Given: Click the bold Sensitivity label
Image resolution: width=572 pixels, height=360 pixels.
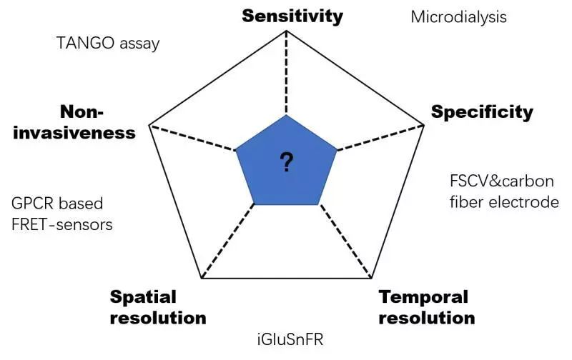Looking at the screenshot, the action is [292, 16].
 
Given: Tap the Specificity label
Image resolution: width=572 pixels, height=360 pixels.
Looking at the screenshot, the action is [482, 112].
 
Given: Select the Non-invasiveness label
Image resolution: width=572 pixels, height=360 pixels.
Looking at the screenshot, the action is [74, 122].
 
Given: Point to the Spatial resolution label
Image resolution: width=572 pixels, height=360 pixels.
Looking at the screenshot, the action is [158, 307].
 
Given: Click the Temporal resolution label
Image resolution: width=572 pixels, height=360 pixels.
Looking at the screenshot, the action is [427, 307].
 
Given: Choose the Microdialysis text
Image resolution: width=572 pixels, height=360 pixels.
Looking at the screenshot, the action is [458, 17].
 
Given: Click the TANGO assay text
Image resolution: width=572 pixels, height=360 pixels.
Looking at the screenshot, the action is [108, 44].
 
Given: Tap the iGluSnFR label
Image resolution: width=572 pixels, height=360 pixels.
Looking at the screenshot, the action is [290, 339].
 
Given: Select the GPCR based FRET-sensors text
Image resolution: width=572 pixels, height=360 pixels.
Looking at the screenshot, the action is [62, 214].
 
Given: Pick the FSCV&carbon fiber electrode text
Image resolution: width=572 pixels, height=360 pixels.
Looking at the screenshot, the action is [504, 191].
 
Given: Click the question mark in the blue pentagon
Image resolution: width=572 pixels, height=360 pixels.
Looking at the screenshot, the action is [287, 162].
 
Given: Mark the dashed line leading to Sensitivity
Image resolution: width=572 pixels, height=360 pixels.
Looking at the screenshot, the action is [287, 73].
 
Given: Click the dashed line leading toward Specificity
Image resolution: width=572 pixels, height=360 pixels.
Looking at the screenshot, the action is [380, 138].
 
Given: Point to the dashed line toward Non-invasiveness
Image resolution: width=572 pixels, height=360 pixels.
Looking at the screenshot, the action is [192, 138].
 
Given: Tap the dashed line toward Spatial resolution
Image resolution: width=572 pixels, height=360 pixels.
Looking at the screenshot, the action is [228, 241].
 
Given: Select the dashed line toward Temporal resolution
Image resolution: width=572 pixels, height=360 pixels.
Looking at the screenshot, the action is [345, 241].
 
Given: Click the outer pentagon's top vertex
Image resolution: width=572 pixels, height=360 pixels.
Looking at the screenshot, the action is [287, 31].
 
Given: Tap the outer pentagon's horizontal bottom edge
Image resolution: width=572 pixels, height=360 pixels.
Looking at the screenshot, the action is [287, 279].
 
